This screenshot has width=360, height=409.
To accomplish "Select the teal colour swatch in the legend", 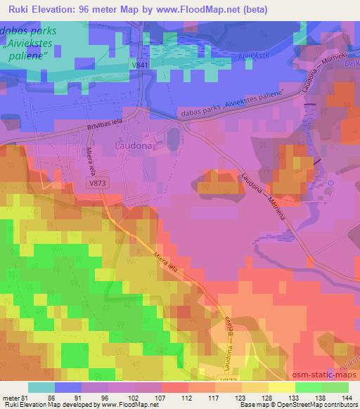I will (x=41, y=387).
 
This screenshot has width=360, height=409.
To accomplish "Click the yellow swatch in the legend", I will (x=281, y=387).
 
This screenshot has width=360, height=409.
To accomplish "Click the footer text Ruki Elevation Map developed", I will (x=42, y=405).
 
